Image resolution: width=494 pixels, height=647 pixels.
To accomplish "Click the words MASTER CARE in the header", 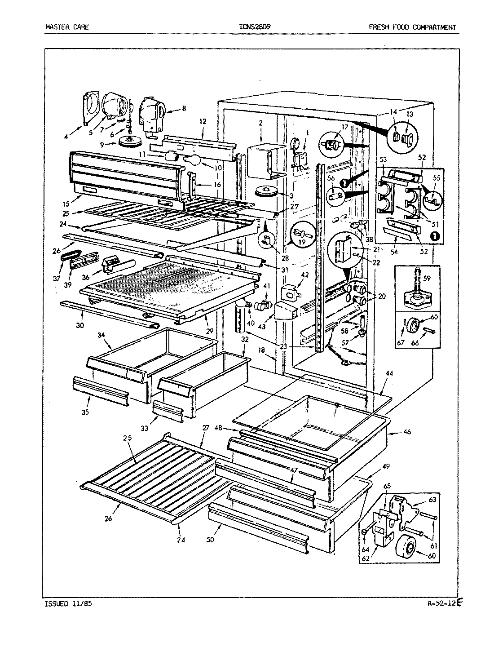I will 67,27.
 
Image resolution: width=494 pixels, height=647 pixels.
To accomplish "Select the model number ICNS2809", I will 255,27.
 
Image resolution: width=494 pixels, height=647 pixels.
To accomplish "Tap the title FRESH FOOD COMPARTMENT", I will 412,27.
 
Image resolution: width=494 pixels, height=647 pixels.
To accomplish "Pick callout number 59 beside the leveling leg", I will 426,278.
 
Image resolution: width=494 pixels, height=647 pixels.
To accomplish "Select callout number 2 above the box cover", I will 260,122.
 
